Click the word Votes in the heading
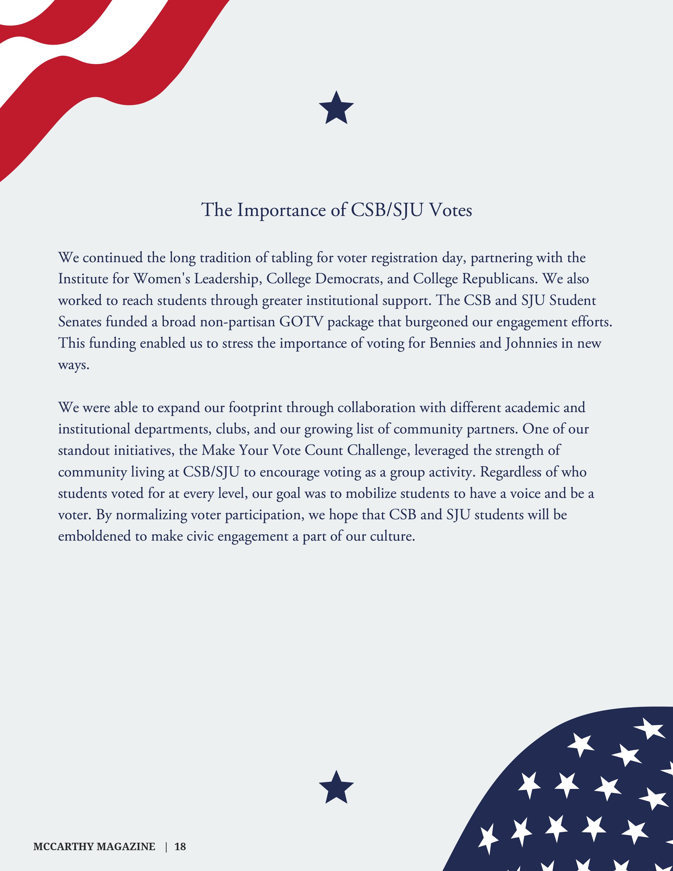(450, 210)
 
